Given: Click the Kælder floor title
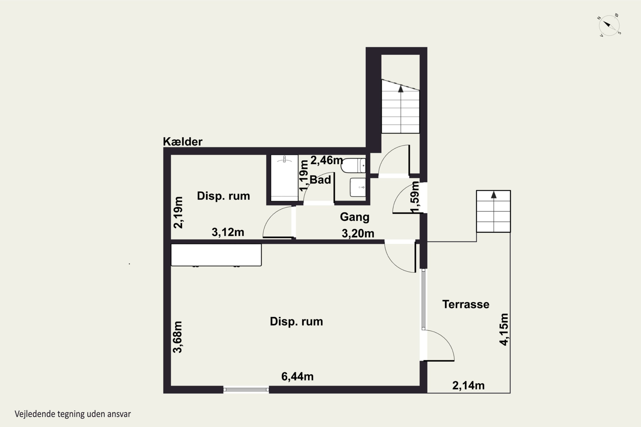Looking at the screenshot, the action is click(x=183, y=142).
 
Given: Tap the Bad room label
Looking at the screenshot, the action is click(x=320, y=180).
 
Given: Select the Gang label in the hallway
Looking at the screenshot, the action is click(x=354, y=217).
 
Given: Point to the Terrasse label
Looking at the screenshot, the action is click(x=466, y=304).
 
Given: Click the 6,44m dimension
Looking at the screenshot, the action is click(x=297, y=376).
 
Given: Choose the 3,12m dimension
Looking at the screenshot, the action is click(x=228, y=232).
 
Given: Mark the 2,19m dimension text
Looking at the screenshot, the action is click(x=178, y=212).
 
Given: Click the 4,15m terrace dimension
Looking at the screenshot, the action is click(x=504, y=329).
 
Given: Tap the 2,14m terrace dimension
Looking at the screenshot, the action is click(x=469, y=385).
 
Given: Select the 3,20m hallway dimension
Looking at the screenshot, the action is click(x=358, y=233).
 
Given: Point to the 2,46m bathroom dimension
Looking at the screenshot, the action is click(x=326, y=160).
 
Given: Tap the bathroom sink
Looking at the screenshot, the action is click(x=358, y=187).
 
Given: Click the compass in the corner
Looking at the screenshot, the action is click(x=609, y=26).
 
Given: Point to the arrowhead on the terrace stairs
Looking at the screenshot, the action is click(x=494, y=195).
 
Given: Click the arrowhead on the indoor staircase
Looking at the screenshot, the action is click(x=401, y=89).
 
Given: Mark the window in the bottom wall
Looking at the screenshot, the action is click(x=246, y=390).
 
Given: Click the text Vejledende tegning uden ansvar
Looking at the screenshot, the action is click(x=73, y=414).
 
